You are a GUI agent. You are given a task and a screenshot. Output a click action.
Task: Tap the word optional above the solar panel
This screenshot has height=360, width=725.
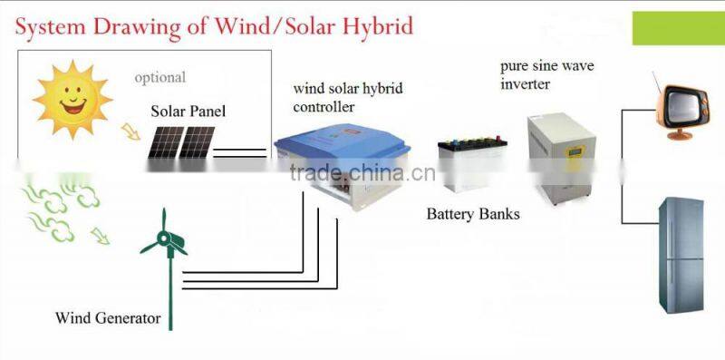click(159, 78)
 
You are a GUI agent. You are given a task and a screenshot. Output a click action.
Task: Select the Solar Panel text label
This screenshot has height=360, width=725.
click(188, 112)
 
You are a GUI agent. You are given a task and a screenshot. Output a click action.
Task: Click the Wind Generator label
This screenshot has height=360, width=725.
click(108, 318)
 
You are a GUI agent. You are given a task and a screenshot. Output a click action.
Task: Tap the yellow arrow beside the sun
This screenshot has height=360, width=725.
click(132, 133)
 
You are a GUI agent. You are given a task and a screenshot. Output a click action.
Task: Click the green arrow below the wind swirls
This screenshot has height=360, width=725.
click(97, 237)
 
